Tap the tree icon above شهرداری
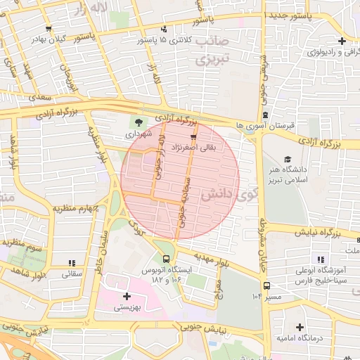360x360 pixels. point(138,121)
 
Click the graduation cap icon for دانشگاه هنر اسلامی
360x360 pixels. point(287,160)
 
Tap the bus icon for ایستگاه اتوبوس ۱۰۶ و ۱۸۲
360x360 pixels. point(165,259)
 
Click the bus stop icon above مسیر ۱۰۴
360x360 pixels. point(266,285)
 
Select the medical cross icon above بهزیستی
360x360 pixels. point(127,296)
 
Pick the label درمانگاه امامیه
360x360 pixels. point(300,339)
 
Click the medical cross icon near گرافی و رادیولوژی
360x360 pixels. point(342,41)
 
